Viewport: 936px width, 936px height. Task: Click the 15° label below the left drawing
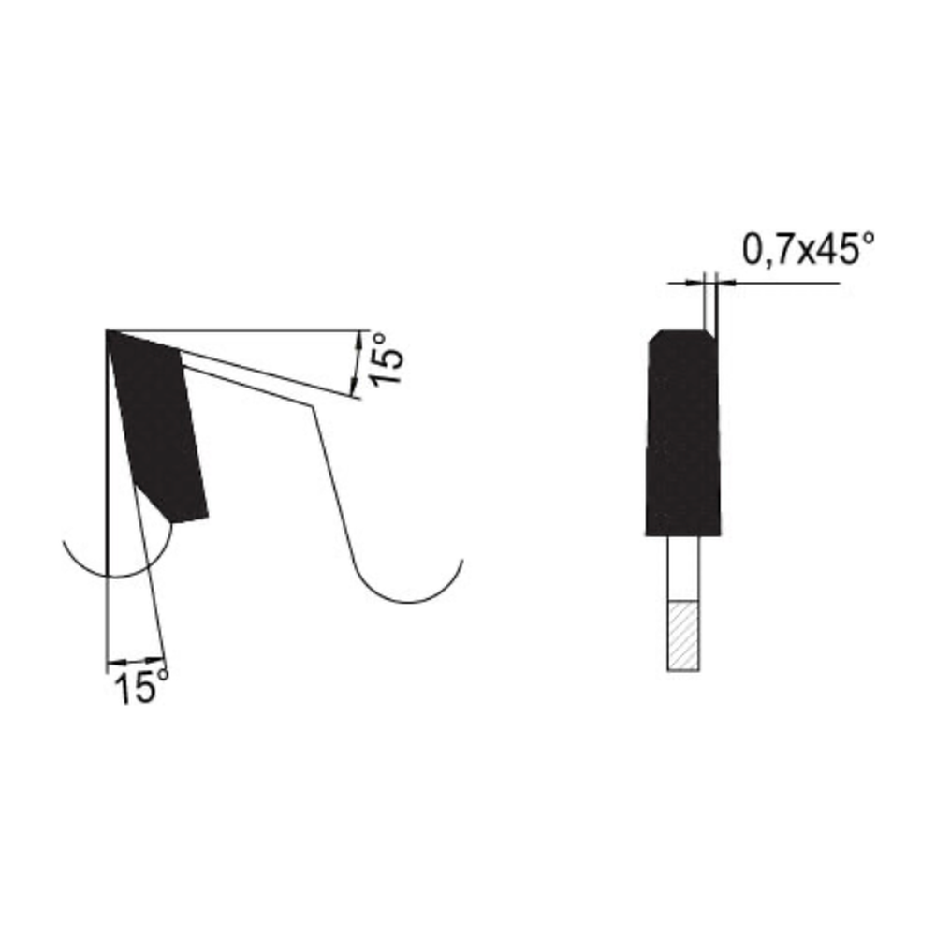pyautogui.click(x=140, y=689)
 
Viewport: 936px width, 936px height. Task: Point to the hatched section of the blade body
pyautogui.click(x=683, y=635)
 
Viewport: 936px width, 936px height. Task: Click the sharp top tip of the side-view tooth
pyautogui.click(x=110, y=332)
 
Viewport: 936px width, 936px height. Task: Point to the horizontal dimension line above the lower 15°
pyautogui.click(x=136, y=660)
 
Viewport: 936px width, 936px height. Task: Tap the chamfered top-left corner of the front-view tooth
pyautogui.click(x=654, y=335)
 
